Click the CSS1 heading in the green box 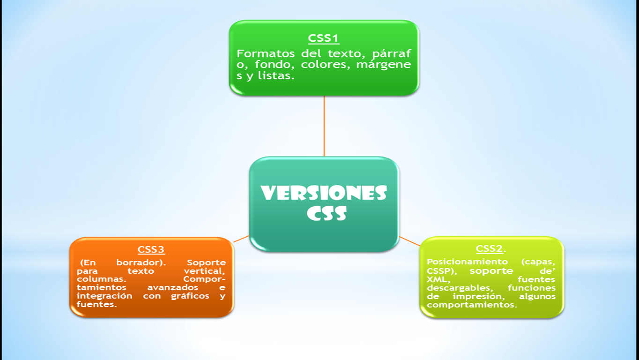(324, 38)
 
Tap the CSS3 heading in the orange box (151, 249)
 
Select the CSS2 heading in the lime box (490, 249)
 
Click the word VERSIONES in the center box (324, 193)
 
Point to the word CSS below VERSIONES (327, 214)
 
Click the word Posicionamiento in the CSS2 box (467, 262)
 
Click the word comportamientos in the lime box (472, 305)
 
